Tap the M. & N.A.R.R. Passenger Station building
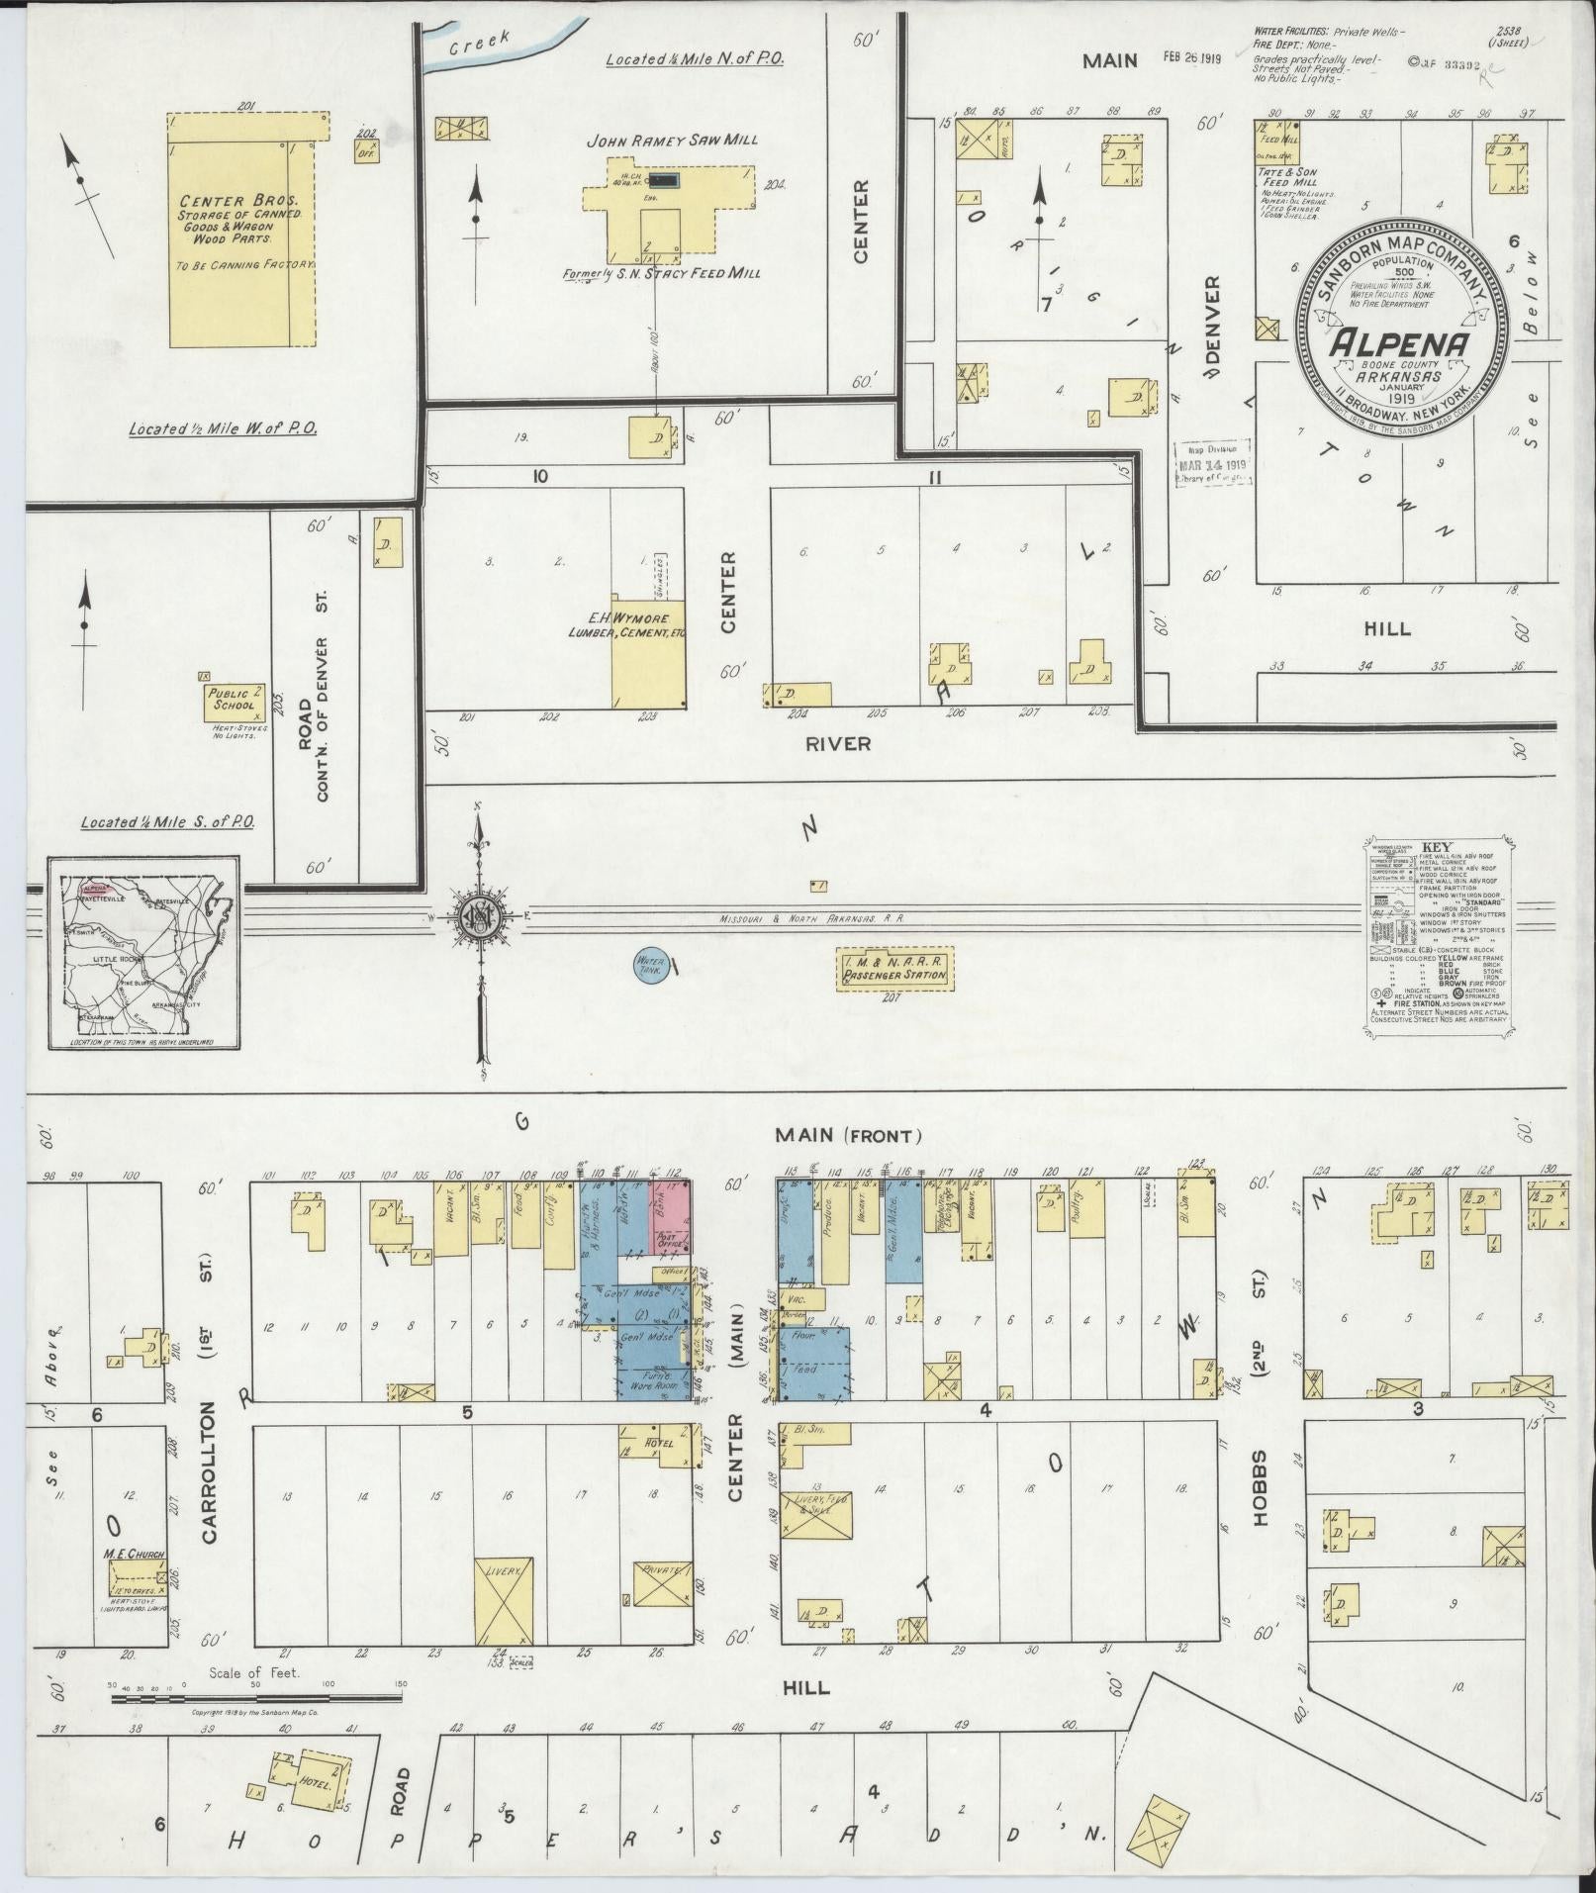click(894, 970)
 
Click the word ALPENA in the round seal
click(1397, 342)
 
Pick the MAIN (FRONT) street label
click(849, 1136)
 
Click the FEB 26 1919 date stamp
click(1191, 58)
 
